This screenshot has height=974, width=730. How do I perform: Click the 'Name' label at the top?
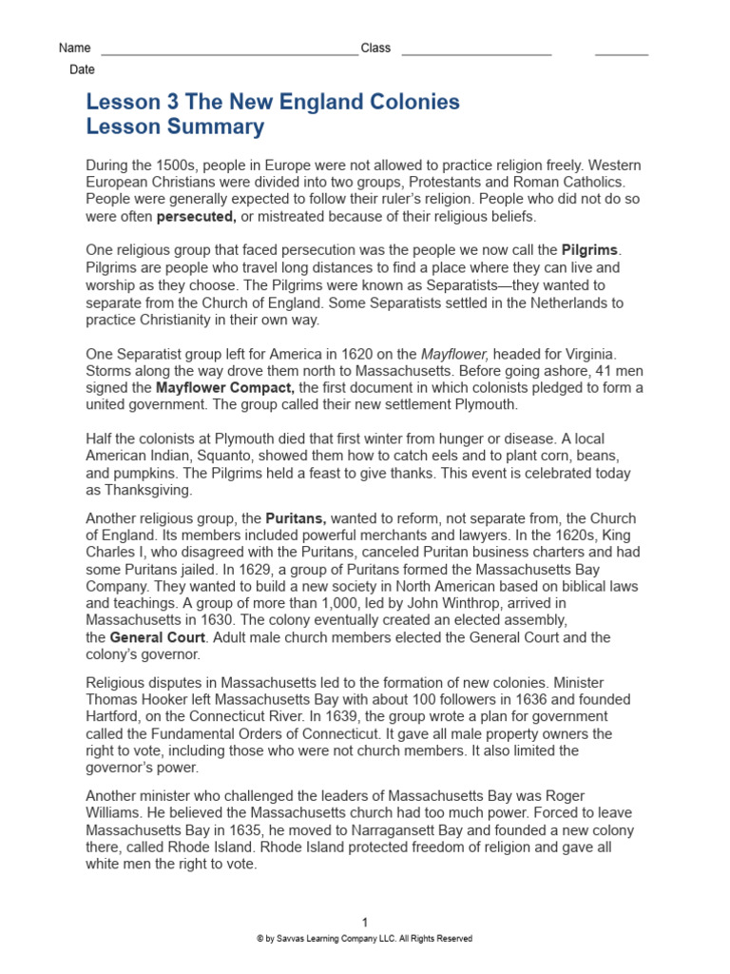74,49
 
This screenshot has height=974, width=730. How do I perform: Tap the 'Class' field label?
375,49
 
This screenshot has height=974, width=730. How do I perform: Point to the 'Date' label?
82,70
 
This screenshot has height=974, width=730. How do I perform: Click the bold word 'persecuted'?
196,216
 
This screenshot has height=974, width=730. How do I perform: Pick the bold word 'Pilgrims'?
590,250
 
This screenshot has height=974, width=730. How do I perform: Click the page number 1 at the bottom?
365,922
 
